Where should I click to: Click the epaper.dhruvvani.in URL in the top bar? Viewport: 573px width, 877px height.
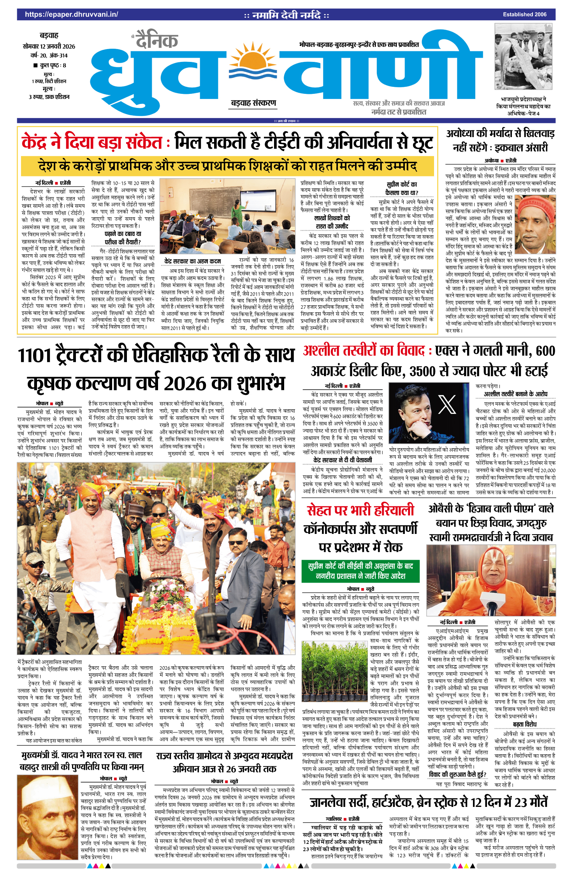(x=71, y=14)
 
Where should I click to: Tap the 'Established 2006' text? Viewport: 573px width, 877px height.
(x=524, y=14)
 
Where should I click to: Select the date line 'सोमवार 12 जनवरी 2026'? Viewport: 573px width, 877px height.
(x=49, y=46)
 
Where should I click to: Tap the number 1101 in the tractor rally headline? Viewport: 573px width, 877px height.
(x=35, y=356)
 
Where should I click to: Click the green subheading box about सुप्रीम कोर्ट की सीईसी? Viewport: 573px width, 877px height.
(x=360, y=571)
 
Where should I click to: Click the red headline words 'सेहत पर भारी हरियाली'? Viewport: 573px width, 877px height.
(x=360, y=510)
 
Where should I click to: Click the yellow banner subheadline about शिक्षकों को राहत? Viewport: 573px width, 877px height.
(x=227, y=166)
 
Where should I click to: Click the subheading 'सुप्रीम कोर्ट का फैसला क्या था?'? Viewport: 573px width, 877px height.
(x=401, y=188)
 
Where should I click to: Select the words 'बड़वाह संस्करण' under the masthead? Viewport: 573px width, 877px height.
(x=253, y=103)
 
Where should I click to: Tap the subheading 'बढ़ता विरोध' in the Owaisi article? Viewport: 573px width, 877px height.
(x=524, y=724)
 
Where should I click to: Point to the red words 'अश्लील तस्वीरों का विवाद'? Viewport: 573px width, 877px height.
(x=364, y=351)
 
